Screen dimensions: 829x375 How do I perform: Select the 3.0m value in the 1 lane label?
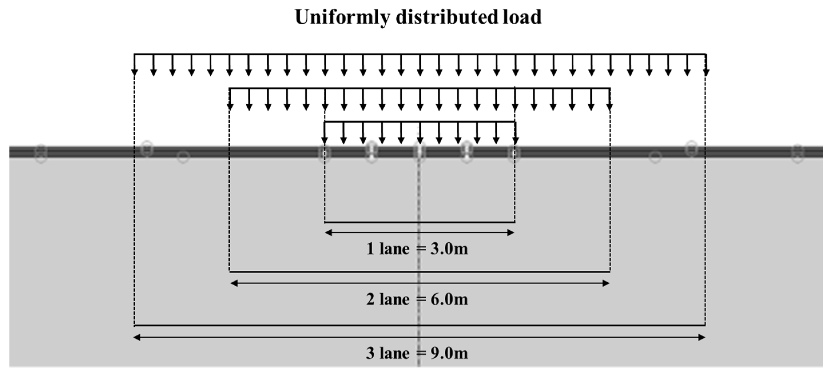click(x=449, y=249)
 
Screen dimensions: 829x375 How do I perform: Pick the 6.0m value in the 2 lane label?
click(x=449, y=300)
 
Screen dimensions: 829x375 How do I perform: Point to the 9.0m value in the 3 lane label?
click(x=449, y=353)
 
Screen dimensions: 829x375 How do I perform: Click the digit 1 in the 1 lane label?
click(x=370, y=249)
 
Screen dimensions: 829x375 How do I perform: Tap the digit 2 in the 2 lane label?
click(x=370, y=300)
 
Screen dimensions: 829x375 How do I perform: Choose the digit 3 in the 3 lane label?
click(x=370, y=353)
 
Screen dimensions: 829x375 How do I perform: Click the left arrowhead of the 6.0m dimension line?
click(x=234, y=283)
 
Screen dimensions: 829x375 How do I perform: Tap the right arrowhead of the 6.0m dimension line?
click(x=606, y=283)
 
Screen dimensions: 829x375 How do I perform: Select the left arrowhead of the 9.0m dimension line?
click(x=137, y=337)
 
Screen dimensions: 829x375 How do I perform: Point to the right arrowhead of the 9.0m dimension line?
click(x=701, y=337)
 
